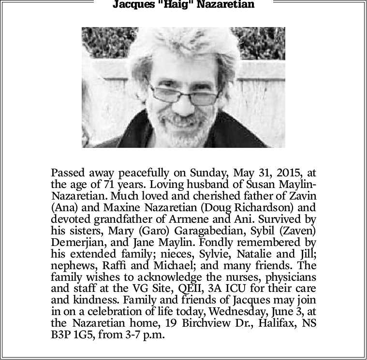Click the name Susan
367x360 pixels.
point(264,184)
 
